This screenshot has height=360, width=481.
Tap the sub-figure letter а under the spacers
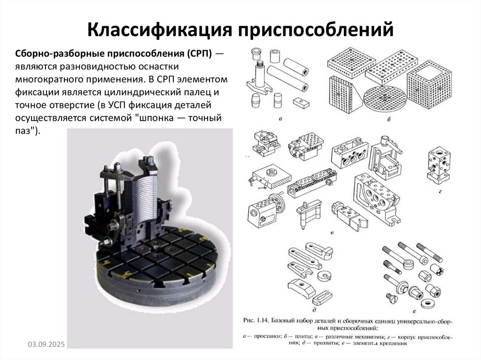[x=280, y=119]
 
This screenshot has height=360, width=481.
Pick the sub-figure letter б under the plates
[x=389, y=120]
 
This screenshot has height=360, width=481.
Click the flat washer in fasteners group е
[x=428, y=301]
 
